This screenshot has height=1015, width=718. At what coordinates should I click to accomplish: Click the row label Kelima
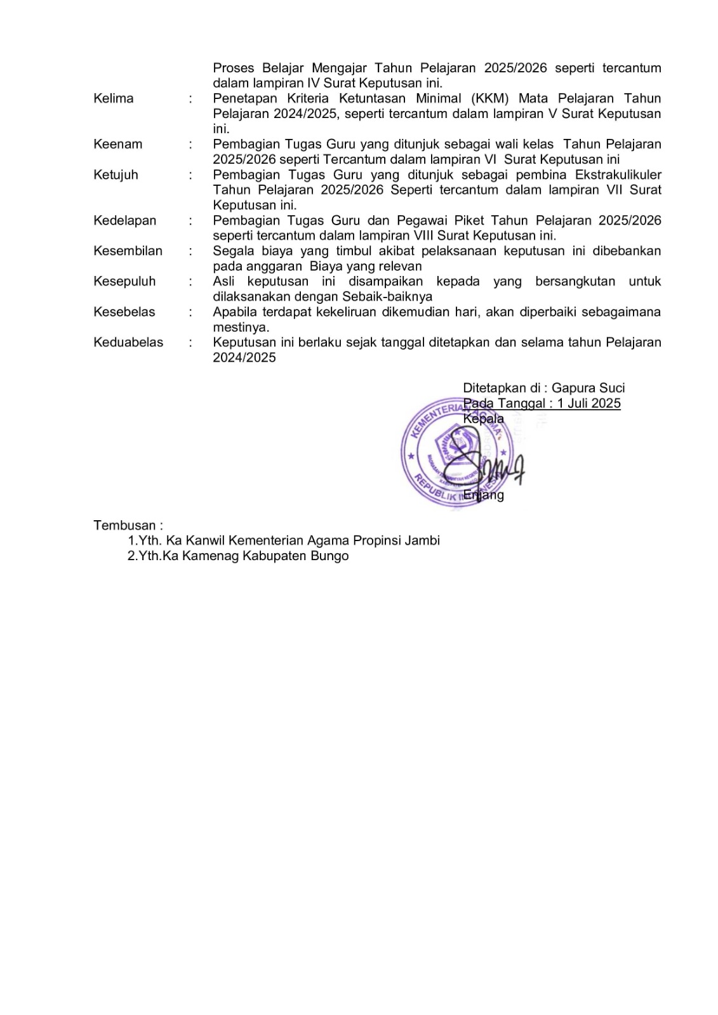(113, 98)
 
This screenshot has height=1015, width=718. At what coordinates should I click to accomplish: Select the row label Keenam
(117, 144)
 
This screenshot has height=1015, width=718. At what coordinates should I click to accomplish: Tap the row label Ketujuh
(116, 174)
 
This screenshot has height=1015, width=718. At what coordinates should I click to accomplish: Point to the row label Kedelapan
(124, 220)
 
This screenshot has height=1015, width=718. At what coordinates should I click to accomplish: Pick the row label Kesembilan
(128, 251)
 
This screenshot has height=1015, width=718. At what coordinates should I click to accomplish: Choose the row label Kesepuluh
(124, 281)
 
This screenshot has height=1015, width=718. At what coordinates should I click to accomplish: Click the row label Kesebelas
(124, 311)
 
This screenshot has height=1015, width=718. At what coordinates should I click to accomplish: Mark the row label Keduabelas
(128, 342)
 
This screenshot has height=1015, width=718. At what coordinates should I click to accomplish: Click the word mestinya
(241, 327)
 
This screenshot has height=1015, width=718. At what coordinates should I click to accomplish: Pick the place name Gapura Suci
(588, 388)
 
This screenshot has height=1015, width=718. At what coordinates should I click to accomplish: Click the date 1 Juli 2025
(588, 403)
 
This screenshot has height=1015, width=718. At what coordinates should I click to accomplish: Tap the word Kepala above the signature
(483, 419)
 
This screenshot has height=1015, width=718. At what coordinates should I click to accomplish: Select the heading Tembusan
(128, 525)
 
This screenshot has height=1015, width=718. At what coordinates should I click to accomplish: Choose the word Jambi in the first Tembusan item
(420, 540)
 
